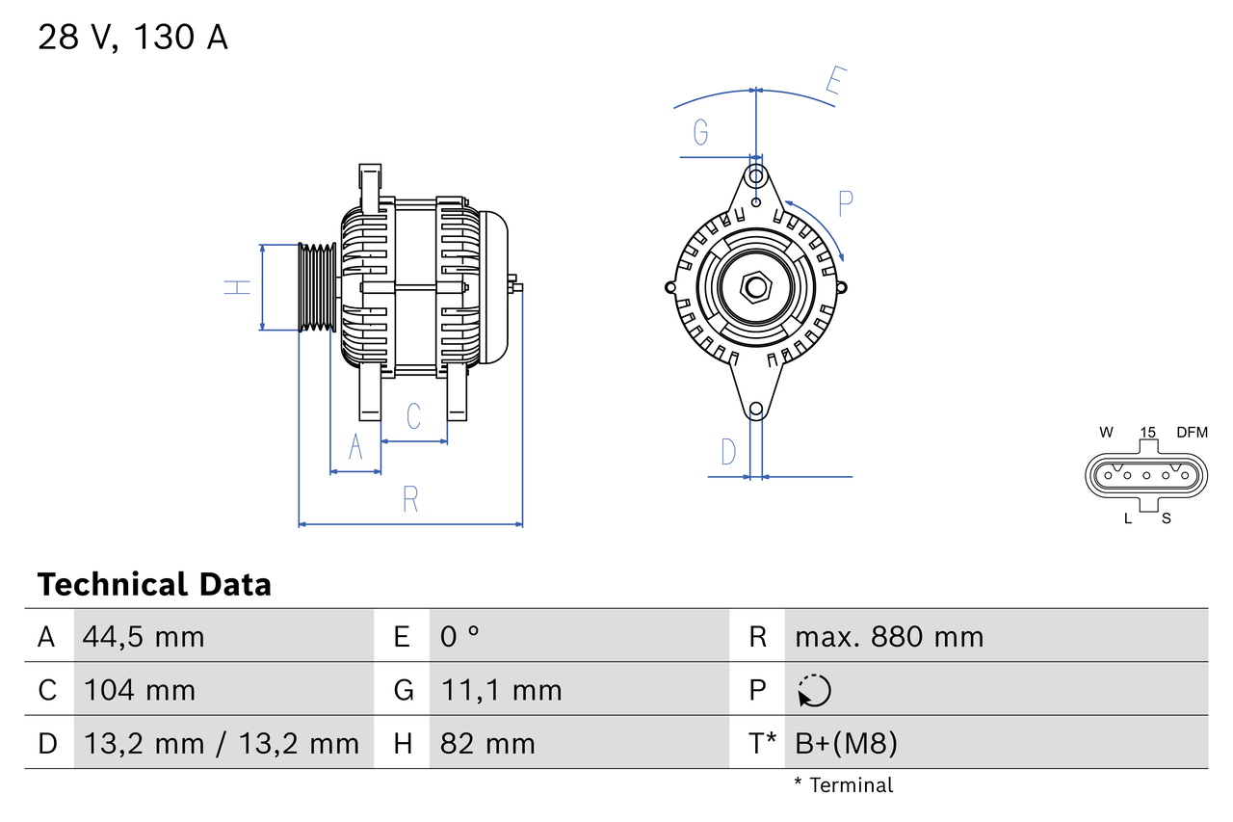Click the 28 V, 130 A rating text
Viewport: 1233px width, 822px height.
[x=133, y=38]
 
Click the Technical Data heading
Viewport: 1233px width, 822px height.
[x=154, y=585]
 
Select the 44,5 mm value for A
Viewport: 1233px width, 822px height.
[x=144, y=636]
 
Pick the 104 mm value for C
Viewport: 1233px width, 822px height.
[x=139, y=690]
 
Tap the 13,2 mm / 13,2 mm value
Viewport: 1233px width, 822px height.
[x=221, y=743]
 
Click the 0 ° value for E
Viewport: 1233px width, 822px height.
[x=459, y=636]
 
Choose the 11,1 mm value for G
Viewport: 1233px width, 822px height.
[x=500, y=690]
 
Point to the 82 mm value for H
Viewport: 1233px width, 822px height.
[x=486, y=743]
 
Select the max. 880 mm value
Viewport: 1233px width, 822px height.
[x=889, y=636]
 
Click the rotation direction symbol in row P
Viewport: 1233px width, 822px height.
[x=814, y=690]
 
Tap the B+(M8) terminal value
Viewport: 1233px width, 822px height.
[x=846, y=743]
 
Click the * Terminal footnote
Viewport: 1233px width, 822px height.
[x=843, y=785]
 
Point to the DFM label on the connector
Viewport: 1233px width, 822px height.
[x=1191, y=433]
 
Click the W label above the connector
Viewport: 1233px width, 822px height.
[x=1106, y=433]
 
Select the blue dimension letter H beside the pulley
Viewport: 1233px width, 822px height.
[x=237, y=287]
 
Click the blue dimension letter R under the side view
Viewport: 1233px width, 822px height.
[x=410, y=499]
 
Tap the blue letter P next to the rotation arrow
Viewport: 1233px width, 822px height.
[x=845, y=204]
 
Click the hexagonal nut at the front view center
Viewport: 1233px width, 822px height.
[x=756, y=287]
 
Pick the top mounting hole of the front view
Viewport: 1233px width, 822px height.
[x=756, y=176]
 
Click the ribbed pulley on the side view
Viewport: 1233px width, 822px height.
[x=316, y=287]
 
